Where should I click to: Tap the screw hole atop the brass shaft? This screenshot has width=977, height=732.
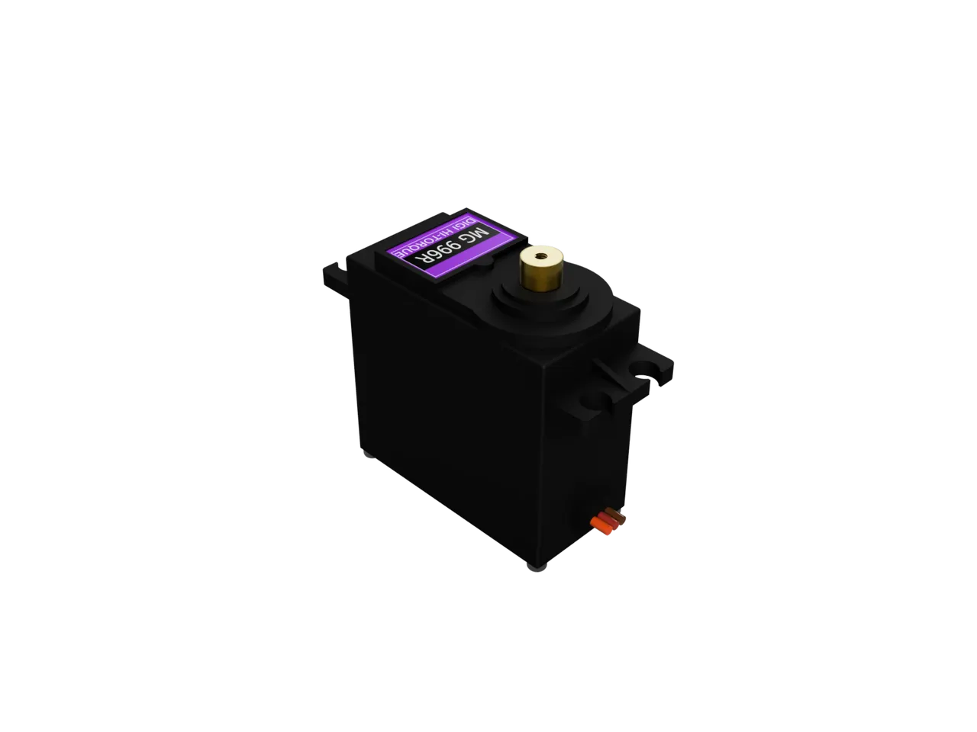click(541, 256)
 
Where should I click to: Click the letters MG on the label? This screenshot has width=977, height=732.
click(476, 234)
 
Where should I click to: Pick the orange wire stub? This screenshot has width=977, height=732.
click(600, 528)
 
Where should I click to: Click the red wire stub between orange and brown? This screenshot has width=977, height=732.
click(608, 522)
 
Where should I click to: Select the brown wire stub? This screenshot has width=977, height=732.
click(615, 515)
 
